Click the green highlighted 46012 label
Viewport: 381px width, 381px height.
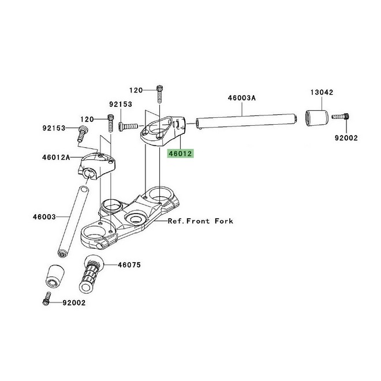tap(180, 154)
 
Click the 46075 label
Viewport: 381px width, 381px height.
tap(130, 265)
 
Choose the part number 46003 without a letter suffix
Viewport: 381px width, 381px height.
tap(44, 218)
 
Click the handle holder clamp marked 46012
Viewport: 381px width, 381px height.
tap(164, 129)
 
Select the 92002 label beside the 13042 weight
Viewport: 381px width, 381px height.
tap(346, 139)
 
